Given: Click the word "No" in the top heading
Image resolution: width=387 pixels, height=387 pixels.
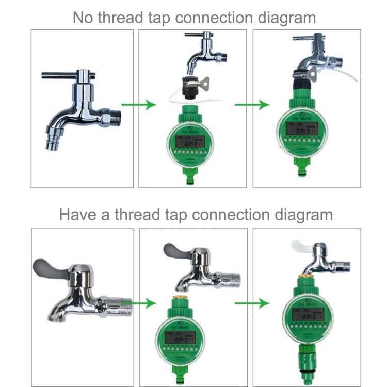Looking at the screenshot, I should (84, 18).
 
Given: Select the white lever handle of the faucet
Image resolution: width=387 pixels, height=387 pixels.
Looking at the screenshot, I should (302, 246).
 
